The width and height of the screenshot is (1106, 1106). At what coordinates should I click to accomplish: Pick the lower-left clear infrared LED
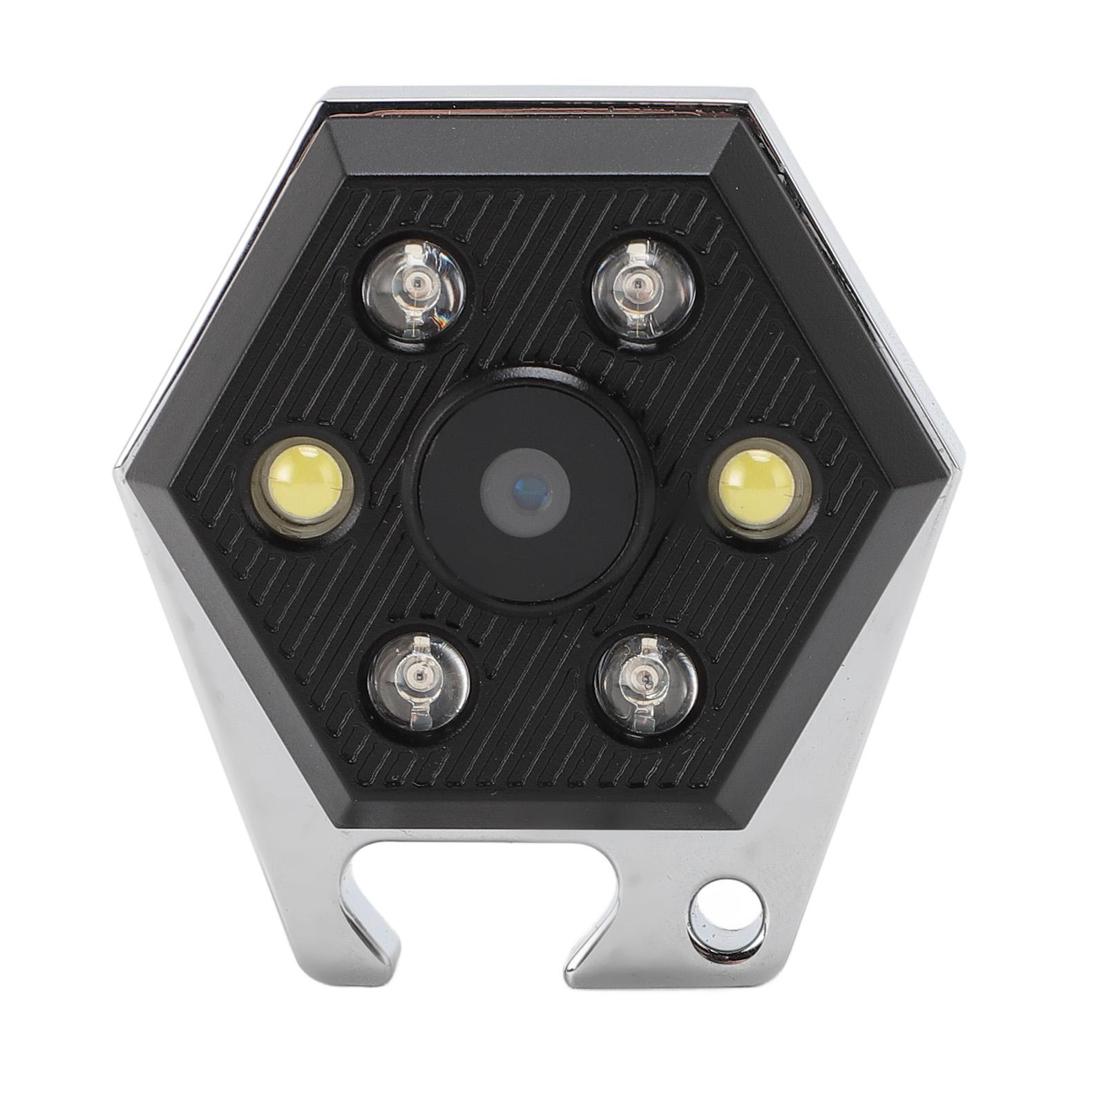[x=420, y=676]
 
